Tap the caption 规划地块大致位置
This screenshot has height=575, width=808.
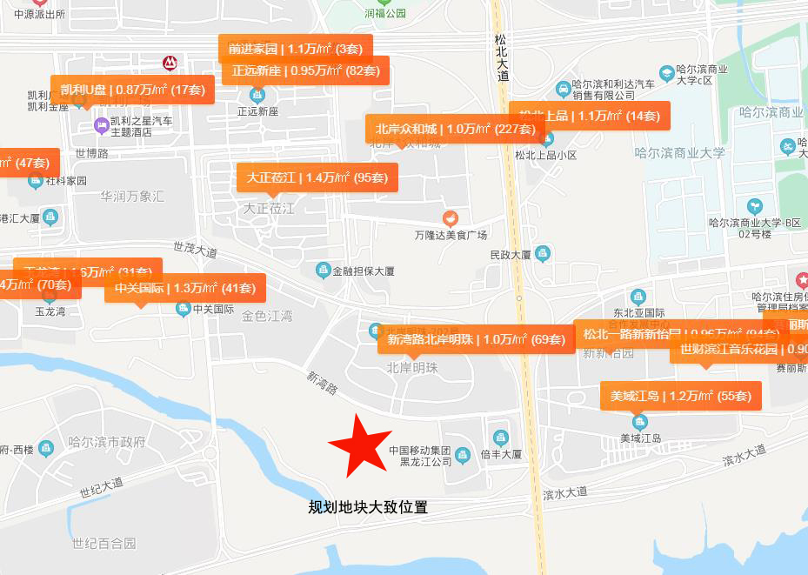point(368,507)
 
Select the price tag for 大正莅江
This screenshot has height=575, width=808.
point(317,177)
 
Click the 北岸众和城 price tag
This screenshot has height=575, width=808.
point(455,129)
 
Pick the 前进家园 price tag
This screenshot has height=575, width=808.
point(296,49)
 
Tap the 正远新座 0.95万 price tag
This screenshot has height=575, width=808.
point(305,70)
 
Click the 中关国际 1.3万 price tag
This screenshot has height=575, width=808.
point(184,288)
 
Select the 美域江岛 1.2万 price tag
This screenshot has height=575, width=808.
point(681,396)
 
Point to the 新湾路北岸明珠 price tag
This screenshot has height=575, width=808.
point(476,339)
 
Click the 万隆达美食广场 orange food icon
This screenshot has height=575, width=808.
point(450,217)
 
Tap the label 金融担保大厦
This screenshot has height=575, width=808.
point(364,271)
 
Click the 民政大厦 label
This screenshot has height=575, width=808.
point(511,256)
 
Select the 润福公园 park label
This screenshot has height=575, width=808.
point(384,14)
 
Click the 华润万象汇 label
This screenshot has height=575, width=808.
point(131,197)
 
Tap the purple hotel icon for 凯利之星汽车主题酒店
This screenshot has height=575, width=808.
point(101,126)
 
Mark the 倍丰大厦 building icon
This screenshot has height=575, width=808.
point(500,438)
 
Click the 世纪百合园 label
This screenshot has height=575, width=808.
point(104,544)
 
